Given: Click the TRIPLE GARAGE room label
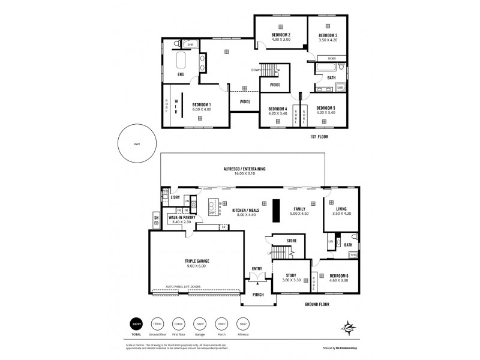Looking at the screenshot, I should coord(197,261).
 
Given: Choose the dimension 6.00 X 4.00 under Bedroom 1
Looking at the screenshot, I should coord(202,109).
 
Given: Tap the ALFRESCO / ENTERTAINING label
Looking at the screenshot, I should coord(243,170).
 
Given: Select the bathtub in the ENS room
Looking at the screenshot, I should coord(181,61).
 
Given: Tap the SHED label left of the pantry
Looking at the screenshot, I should coord(156,220).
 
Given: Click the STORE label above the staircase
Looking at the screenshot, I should coord(292,241).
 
